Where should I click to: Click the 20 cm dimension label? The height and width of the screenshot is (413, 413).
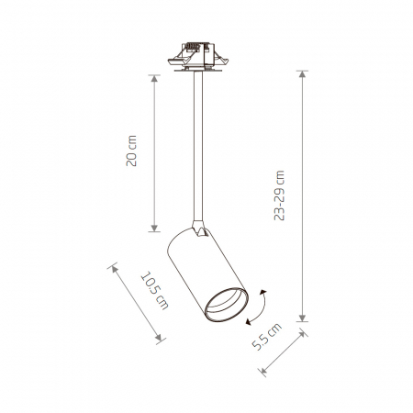(x=131, y=151)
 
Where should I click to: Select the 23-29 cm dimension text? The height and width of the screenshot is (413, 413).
(x=279, y=195)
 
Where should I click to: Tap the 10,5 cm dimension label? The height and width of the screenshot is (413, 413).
(x=155, y=290)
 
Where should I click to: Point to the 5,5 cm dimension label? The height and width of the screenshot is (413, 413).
(x=266, y=337)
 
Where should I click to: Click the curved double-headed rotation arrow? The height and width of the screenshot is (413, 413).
(x=260, y=307)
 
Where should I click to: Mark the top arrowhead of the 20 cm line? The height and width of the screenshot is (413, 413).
(x=154, y=78)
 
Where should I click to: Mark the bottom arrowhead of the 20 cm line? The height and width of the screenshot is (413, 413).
(x=154, y=228)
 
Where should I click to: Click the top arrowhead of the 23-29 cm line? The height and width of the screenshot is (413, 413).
(x=303, y=74)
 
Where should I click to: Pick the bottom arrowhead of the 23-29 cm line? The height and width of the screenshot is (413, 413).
(x=303, y=318)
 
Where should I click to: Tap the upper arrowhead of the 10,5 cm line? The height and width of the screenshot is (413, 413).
(x=114, y=269)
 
